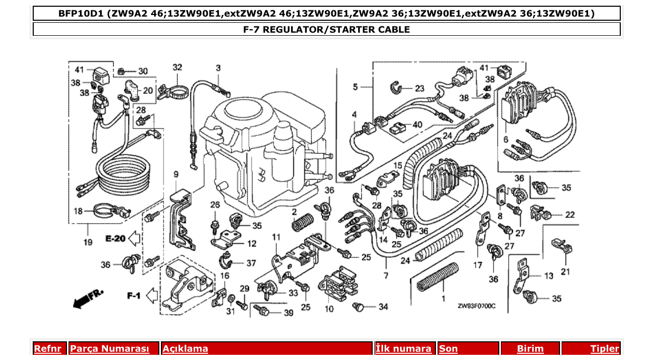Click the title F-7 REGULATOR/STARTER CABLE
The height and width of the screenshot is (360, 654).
tap(326, 30)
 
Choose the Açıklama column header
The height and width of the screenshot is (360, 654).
tap(185, 349)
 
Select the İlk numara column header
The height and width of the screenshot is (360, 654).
tap(403, 349)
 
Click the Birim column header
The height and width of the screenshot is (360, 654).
tap(530, 349)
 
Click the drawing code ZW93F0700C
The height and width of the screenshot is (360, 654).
tap(476, 306)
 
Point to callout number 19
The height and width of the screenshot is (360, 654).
tap(87, 242)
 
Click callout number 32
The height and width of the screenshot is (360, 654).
tap(178, 67)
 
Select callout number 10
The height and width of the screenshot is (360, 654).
tap(329, 309)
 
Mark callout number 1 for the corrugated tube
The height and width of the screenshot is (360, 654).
tap(443, 299)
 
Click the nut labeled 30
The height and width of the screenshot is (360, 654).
tap(119, 71)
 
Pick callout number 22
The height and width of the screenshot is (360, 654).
tap(569, 214)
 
